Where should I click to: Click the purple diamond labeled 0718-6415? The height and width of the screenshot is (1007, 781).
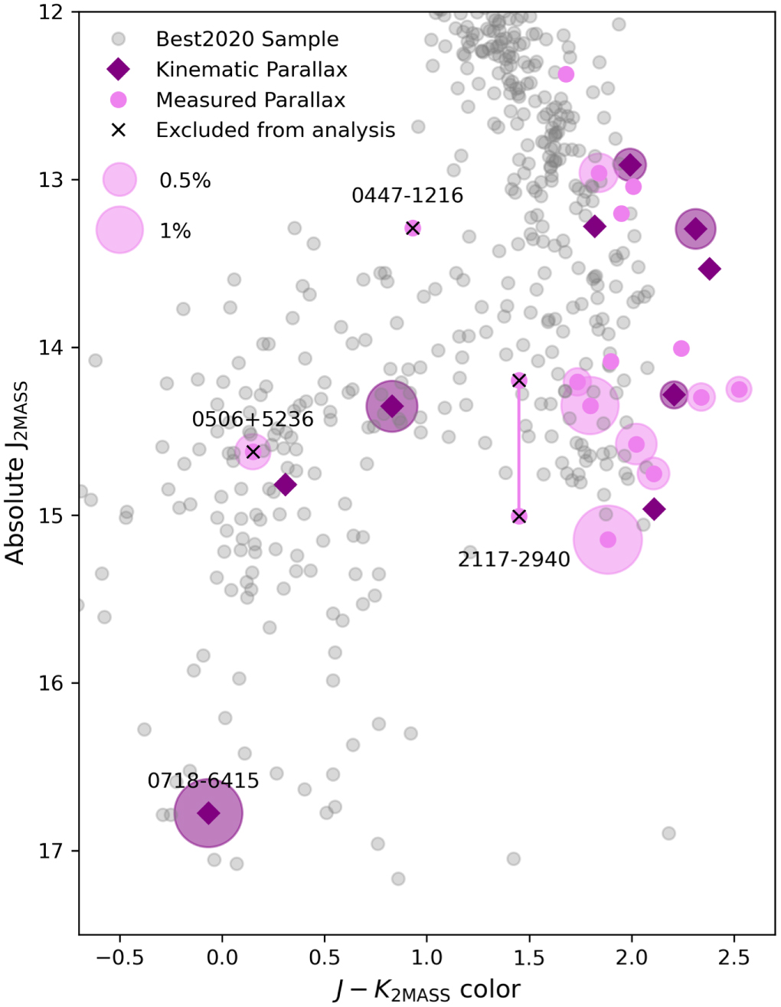point(208,812)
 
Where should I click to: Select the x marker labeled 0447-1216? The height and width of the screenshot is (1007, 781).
point(413,228)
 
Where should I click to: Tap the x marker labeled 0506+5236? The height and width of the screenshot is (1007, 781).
point(253,451)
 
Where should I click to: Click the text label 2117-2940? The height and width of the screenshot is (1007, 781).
point(514,559)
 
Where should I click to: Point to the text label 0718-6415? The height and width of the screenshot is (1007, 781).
point(203,781)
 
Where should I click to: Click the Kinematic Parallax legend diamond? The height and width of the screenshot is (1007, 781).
point(119,70)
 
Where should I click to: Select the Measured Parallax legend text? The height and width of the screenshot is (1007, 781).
point(250,100)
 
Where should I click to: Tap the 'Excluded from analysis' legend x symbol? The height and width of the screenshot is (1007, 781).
point(119,130)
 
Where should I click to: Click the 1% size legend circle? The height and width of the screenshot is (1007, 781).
point(119,230)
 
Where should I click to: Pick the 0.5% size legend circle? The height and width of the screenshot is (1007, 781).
point(119,179)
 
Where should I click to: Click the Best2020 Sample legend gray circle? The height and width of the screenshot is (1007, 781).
point(119,39)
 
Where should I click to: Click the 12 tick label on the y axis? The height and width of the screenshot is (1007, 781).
point(51,12)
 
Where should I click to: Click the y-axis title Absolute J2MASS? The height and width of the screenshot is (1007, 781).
point(16,472)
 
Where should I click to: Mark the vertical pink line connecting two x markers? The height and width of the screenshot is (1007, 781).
point(519,448)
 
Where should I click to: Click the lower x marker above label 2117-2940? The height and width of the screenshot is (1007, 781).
point(519,516)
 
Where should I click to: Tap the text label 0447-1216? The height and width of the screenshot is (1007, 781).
point(407,195)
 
